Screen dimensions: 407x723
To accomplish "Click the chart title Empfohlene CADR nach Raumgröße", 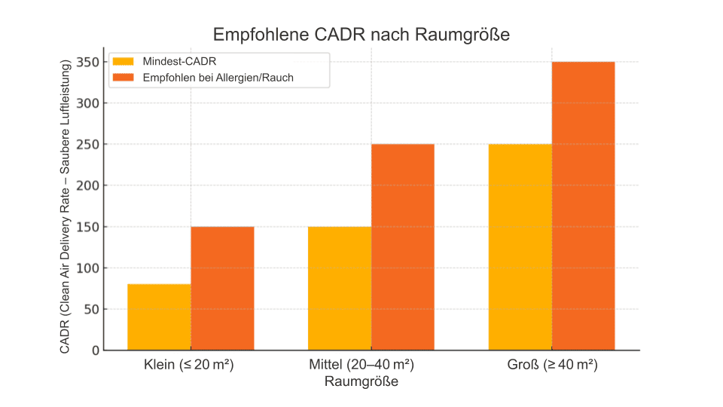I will (361, 35).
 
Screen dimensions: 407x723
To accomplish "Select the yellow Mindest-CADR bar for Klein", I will (159, 317).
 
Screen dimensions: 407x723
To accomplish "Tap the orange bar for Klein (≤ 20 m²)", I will (222, 288).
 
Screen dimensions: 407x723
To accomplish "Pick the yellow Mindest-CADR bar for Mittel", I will (340, 288).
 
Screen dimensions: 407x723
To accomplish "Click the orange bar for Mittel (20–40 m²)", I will (403, 247).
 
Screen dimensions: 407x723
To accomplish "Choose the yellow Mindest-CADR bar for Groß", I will (520, 247).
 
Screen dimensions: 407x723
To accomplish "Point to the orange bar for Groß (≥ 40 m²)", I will (584, 206).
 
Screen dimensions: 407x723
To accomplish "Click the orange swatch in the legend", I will (123, 77).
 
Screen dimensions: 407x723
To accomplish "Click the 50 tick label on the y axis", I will (90, 309).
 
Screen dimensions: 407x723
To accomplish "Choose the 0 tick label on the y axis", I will (95, 350).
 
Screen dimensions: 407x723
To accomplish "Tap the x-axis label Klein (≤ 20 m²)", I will (189, 366).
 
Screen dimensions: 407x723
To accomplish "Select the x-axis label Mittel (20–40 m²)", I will (361, 366).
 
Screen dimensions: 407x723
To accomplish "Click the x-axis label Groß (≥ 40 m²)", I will (553, 366).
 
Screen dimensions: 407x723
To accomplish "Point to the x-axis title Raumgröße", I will (361, 381).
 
